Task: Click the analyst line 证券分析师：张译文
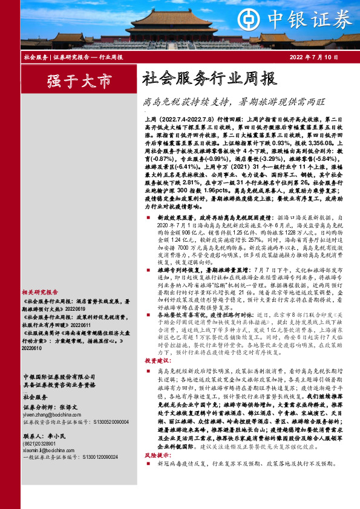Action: point(53,408)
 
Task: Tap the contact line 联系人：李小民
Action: point(46,436)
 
